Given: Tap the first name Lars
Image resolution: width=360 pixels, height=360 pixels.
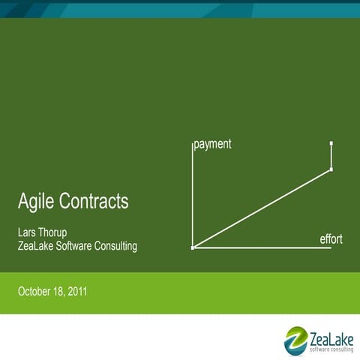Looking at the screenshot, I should [28, 231].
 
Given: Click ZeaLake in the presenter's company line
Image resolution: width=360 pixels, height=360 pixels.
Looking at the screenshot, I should [37, 245].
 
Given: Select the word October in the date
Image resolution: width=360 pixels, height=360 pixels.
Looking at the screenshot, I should [36, 289].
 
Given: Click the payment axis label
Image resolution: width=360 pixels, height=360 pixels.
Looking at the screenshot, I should [212, 143].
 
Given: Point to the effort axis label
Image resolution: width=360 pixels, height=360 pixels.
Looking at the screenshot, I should [331, 239].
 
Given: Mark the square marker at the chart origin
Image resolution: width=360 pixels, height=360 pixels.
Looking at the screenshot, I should [193, 247].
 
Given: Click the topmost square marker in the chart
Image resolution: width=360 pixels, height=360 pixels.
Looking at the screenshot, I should [331, 142].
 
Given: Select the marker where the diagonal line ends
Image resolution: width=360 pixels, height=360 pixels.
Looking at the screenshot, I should [331, 170].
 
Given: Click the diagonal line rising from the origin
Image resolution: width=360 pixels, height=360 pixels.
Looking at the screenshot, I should [262, 208].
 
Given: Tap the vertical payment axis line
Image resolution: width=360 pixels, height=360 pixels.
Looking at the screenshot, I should [193, 195].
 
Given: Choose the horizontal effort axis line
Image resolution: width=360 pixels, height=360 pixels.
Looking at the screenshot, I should [262, 247].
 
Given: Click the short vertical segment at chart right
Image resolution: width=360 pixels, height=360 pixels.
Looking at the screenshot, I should [331, 156].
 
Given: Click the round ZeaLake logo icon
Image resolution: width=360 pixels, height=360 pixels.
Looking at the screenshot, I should [295, 338].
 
